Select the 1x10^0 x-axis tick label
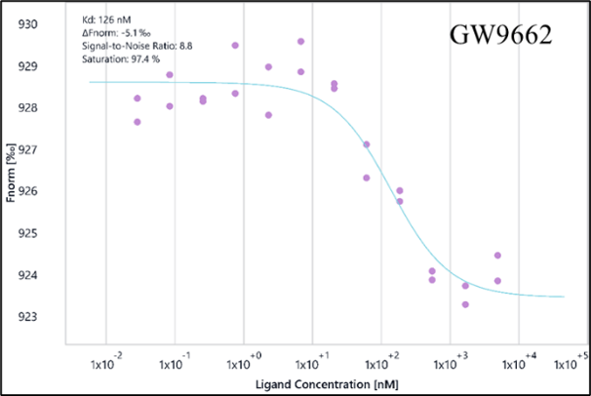[x=240, y=362]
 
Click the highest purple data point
[x=301, y=41]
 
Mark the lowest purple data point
[x=465, y=304]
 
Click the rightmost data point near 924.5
[x=497, y=256]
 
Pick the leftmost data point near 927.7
[x=138, y=122]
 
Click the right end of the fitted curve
[x=564, y=297]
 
